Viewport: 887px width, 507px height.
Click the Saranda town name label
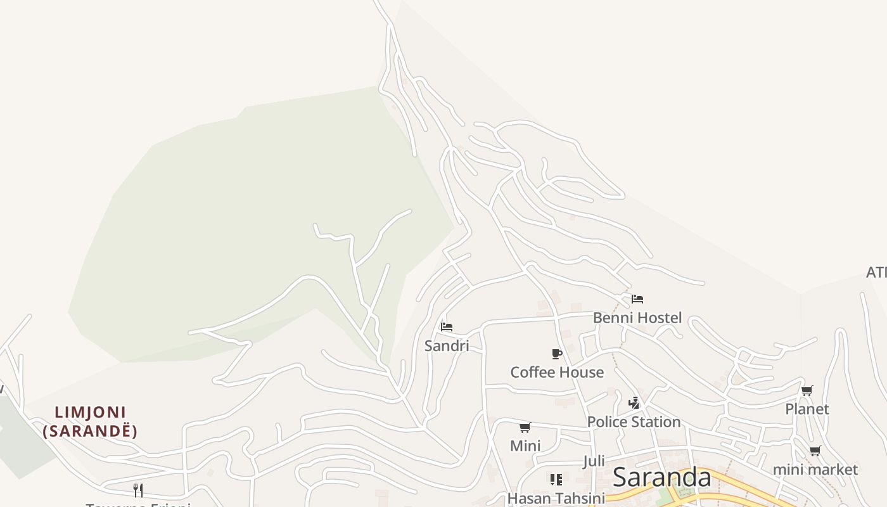point(662,477)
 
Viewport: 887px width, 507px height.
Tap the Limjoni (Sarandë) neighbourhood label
point(90,422)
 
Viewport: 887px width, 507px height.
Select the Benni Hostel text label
point(637,318)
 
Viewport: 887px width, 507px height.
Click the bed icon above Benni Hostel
point(637,299)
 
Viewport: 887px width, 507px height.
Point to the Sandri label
point(447,346)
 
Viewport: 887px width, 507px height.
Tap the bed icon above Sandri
point(447,327)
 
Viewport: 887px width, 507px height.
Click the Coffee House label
point(557,372)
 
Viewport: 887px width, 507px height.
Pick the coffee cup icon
point(557,354)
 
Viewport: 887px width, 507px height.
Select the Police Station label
point(634,422)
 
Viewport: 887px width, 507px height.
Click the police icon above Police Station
point(634,402)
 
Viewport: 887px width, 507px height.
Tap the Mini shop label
point(525,446)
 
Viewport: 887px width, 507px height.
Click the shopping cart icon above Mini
point(525,428)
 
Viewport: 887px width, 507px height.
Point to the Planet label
point(807,409)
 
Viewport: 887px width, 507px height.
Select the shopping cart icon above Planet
point(807,391)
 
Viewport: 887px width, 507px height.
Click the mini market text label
point(815,470)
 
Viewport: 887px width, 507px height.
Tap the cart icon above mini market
point(815,451)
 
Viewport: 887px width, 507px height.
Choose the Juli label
point(594,461)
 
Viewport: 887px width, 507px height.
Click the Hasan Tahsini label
point(556,498)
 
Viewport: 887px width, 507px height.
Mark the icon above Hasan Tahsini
point(556,479)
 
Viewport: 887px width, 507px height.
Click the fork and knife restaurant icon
point(138,490)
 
